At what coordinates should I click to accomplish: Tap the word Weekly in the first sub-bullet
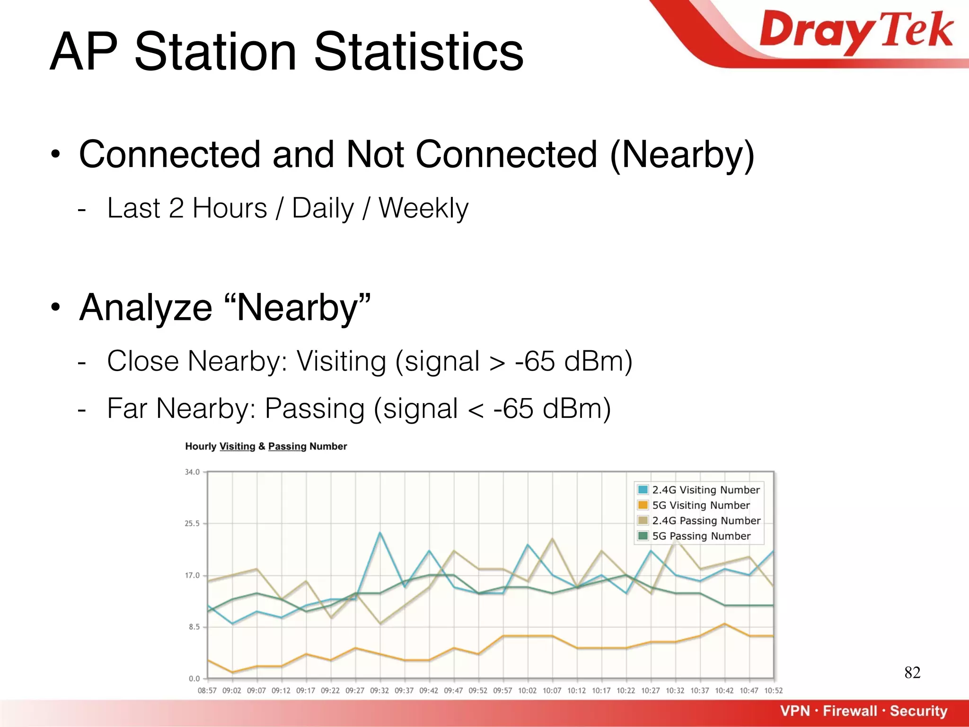tap(423, 208)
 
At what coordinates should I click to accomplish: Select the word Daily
tap(323, 208)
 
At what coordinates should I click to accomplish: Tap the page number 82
tap(912, 673)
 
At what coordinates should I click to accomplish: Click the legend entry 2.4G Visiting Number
tap(705, 490)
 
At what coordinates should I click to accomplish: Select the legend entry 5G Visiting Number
tap(701, 505)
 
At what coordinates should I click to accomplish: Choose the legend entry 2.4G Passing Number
tap(706, 521)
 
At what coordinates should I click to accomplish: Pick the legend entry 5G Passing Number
tap(701, 536)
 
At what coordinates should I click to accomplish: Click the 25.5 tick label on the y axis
tap(192, 523)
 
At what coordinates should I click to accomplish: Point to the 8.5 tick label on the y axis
tap(194, 627)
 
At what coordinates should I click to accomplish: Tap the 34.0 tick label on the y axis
tap(192, 472)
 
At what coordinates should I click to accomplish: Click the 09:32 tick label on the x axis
tap(379, 691)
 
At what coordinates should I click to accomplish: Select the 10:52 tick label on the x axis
tap(773, 691)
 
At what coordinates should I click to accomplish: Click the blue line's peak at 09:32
tap(380, 533)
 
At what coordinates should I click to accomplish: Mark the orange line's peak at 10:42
tap(724, 624)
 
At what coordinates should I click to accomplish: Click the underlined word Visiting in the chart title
tap(237, 446)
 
